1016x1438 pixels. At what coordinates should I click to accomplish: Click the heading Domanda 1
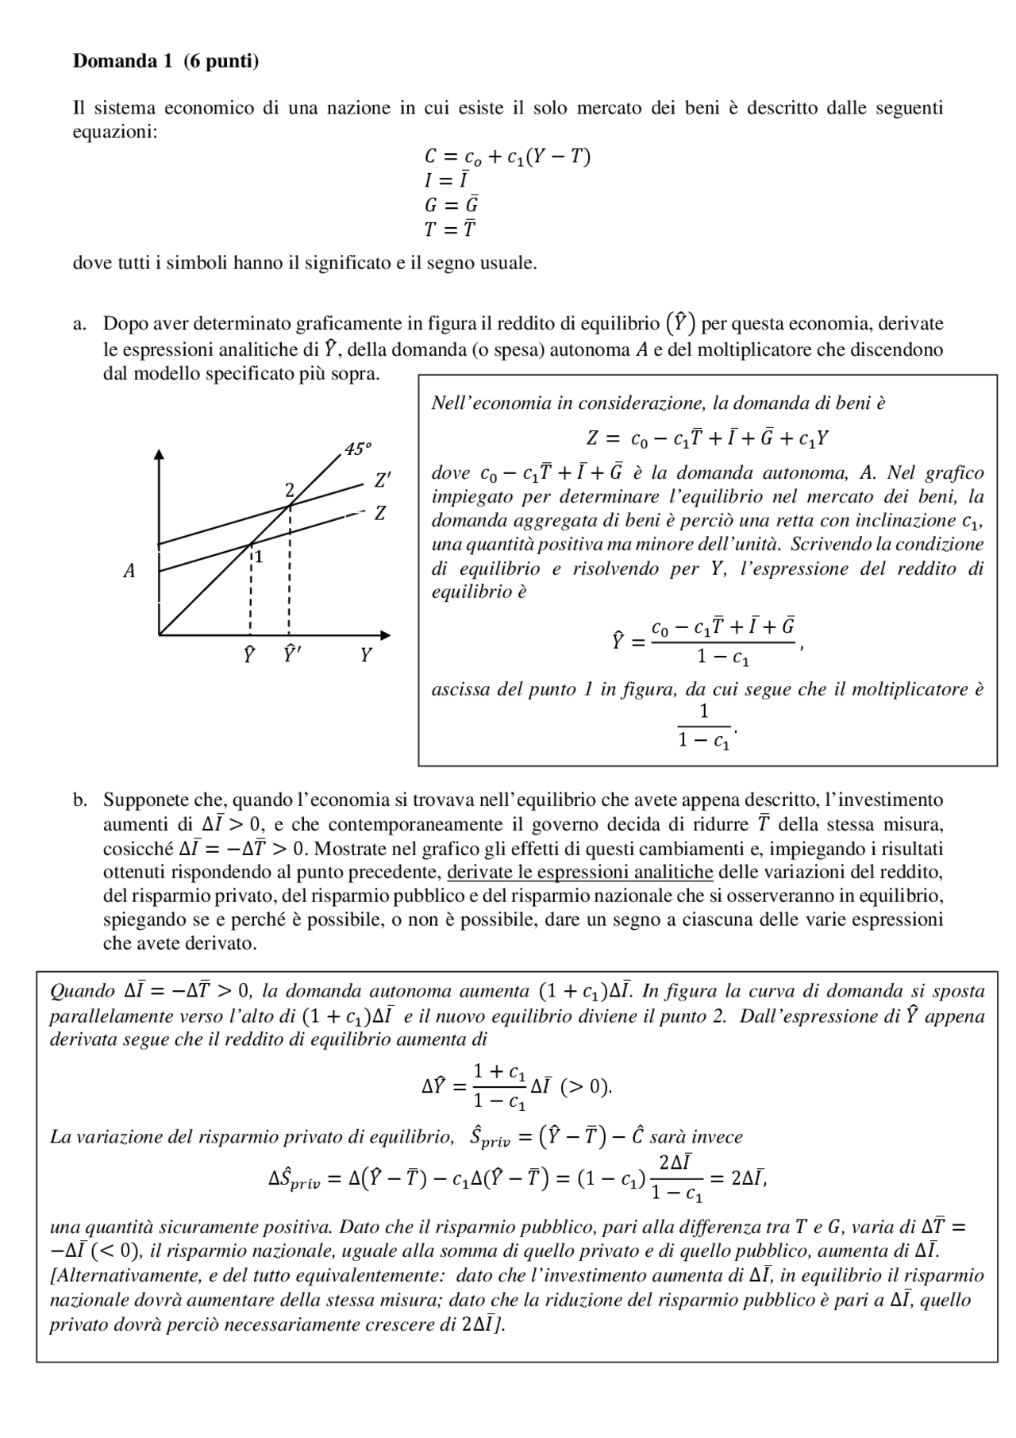[122, 61]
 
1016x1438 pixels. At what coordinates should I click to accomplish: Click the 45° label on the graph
[358, 449]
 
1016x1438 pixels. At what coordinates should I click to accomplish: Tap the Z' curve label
[383, 480]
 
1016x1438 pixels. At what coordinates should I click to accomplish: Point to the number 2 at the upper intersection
[289, 488]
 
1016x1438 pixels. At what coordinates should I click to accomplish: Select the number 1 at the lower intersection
[259, 557]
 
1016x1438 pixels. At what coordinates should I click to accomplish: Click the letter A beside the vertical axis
[129, 571]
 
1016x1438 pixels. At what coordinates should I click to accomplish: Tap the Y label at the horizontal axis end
[365, 656]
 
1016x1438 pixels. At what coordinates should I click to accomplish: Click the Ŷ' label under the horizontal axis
[292, 655]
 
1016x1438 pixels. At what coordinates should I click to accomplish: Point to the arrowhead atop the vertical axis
[160, 455]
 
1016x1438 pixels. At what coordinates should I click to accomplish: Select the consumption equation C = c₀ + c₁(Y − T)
[507, 157]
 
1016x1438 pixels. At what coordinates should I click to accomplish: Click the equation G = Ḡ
[451, 205]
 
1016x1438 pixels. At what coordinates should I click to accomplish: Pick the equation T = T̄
[450, 229]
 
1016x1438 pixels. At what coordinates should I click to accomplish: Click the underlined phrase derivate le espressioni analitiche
[580, 872]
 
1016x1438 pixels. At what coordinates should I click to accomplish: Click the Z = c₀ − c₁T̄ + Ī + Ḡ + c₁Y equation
[708, 438]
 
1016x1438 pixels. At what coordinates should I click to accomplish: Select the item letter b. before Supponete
[79, 800]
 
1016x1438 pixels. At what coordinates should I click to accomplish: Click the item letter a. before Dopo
[79, 324]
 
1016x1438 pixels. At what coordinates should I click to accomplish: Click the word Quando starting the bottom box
[83, 991]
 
